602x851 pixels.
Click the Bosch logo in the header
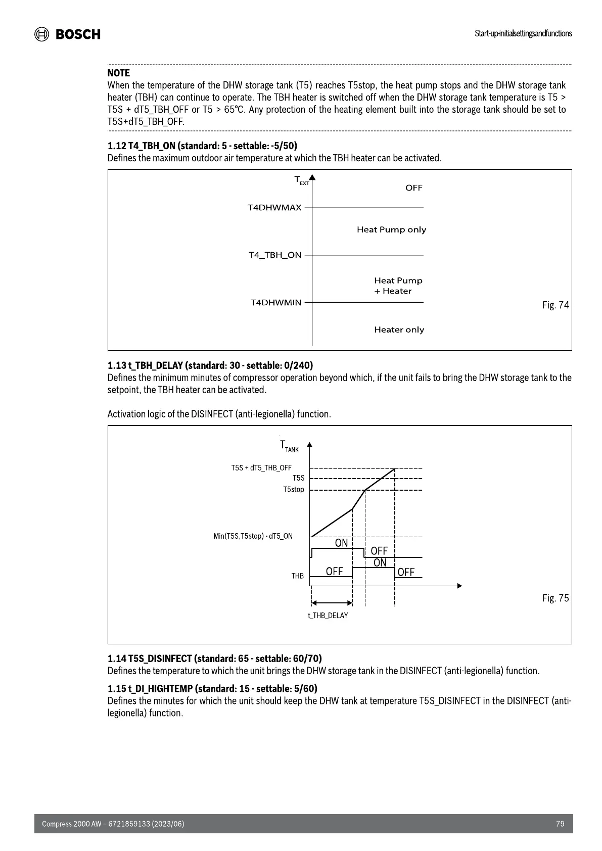[x=67, y=34]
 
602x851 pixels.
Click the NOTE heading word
[x=118, y=73]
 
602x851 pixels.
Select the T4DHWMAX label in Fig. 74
[x=274, y=208]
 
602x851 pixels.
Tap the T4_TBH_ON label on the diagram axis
[x=275, y=255]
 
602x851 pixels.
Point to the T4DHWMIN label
[x=276, y=303]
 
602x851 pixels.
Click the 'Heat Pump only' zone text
[x=391, y=229]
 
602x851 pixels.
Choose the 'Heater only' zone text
[x=399, y=329]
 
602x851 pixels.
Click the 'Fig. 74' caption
[x=555, y=305]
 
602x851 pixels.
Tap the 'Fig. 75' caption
[x=555, y=598]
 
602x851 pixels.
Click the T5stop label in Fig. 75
[x=294, y=489]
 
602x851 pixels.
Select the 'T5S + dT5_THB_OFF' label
[x=261, y=468]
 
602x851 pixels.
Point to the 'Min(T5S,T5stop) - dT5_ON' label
[x=253, y=536]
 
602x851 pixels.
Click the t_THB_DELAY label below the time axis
[x=328, y=616]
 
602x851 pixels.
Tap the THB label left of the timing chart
[x=297, y=576]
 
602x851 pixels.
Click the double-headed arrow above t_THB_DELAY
[x=332, y=603]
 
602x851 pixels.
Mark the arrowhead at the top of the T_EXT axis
[x=312, y=177]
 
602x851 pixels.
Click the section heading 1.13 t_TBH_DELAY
[x=210, y=365]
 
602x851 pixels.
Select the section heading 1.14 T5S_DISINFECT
[x=214, y=658]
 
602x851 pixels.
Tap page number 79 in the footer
[x=560, y=824]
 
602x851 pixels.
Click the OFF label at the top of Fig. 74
[x=413, y=188]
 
